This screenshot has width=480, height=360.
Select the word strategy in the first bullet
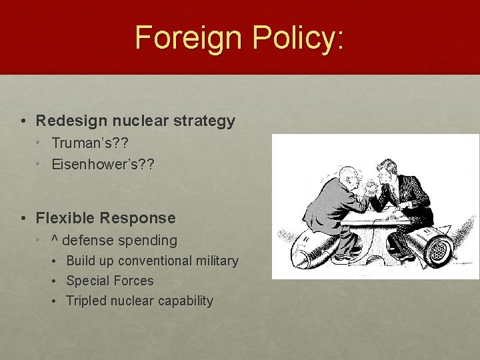pos(202,121)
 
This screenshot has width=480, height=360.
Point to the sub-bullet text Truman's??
pos(90,143)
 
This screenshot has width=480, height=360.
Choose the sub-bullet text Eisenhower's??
pos(103,164)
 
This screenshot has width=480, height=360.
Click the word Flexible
pos(64,218)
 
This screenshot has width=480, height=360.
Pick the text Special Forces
pos(109,281)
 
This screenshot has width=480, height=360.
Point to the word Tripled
pos(86,301)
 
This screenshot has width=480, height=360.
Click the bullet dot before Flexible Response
pos(23,218)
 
